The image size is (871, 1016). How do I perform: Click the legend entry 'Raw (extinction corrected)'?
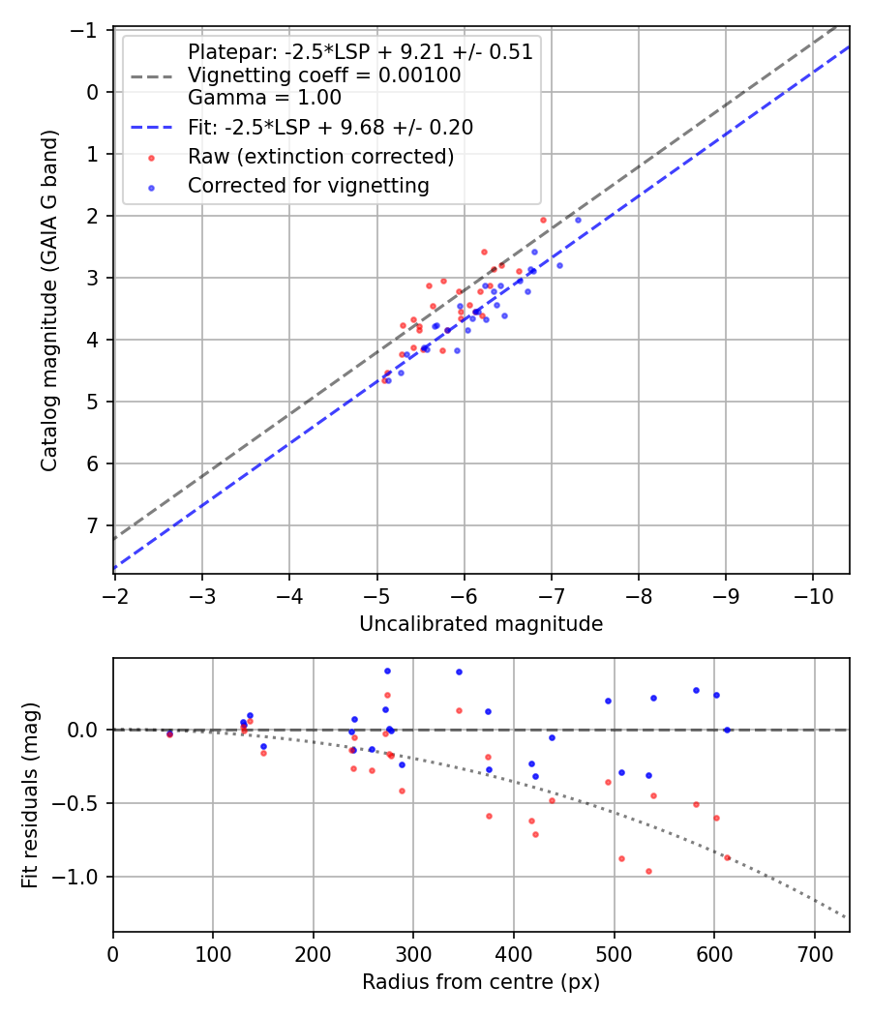pyautogui.click(x=320, y=156)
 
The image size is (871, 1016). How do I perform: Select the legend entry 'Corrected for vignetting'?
pyautogui.click(x=308, y=185)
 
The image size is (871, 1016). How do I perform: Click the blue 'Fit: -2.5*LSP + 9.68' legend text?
pyautogui.click(x=330, y=127)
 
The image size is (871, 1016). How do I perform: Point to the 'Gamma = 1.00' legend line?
pyautogui.click(x=264, y=97)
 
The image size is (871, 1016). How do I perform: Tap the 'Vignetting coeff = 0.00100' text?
pyautogui.click(x=324, y=75)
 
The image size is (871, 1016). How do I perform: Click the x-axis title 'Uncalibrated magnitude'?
pyautogui.click(x=481, y=624)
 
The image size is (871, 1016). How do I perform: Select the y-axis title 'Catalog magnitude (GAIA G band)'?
pyautogui.click(x=49, y=301)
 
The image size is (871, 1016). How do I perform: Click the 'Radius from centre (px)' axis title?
pyautogui.click(x=481, y=982)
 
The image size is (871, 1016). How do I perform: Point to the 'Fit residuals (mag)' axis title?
pyautogui.click(x=30, y=794)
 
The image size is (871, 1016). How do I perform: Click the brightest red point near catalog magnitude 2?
pyautogui.click(x=543, y=220)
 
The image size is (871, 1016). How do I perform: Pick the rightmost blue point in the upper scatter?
pyautogui.click(x=578, y=220)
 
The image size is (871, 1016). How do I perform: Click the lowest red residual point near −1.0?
pyautogui.click(x=648, y=871)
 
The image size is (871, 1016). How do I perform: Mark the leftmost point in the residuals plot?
pyautogui.click(x=169, y=733)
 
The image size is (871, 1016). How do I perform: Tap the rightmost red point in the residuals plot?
pyautogui.click(x=727, y=857)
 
